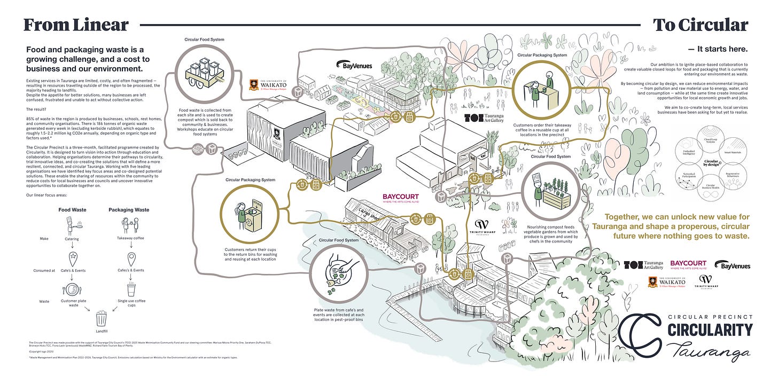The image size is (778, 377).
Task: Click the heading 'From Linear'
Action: (x=76, y=25)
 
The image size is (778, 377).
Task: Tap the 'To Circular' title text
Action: (x=700, y=25)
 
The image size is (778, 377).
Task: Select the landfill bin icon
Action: (x=101, y=319)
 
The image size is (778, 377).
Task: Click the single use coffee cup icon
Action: (x=131, y=290)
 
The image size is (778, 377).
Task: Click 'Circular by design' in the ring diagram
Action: (x=711, y=163)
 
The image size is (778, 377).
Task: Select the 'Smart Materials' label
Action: (x=733, y=153)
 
